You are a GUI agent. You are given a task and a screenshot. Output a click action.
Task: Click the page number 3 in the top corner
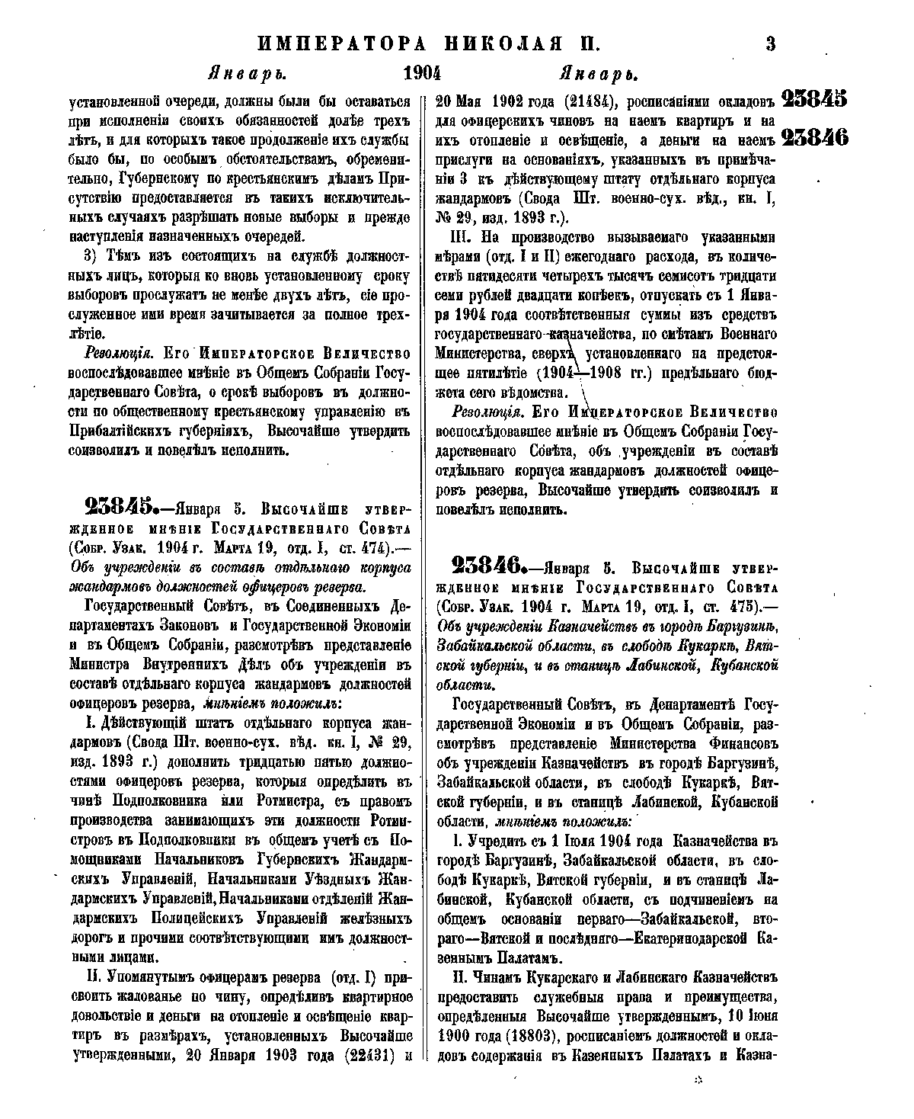[x=770, y=43]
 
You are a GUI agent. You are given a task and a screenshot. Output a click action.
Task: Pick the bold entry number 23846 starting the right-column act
[x=487, y=566]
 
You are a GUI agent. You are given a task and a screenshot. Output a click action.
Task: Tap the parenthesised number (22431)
[x=373, y=1056]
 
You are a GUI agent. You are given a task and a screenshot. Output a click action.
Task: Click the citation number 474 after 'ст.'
[x=372, y=547]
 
